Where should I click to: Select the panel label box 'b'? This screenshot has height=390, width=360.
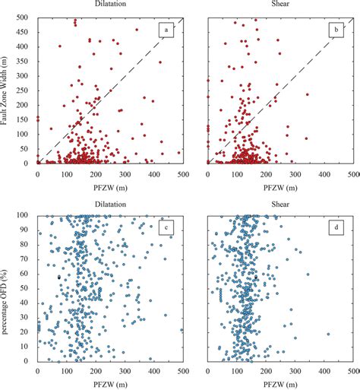coord(334,31)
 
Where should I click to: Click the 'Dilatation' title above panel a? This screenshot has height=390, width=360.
coord(111,5)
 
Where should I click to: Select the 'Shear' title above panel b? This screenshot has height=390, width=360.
coord(281,5)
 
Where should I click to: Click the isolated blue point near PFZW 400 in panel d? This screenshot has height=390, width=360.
coord(328,334)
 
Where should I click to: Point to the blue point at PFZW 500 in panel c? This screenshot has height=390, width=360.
coord(182,330)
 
